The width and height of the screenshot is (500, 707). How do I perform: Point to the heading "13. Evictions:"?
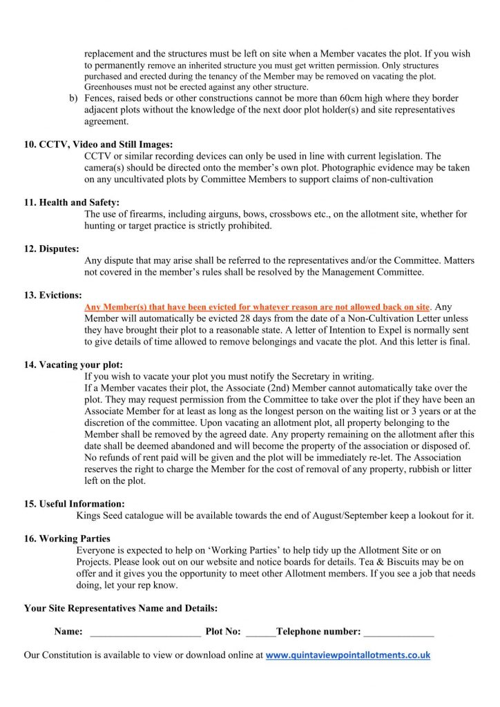coord(53,295)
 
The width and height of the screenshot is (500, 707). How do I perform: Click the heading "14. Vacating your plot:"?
coord(78,365)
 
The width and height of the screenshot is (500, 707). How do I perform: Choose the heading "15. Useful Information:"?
coord(75,504)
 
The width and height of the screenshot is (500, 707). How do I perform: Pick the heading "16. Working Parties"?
coord(67,539)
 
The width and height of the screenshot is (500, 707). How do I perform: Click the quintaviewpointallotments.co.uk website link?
coord(347,655)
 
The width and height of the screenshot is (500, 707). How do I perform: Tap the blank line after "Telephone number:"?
coord(398,632)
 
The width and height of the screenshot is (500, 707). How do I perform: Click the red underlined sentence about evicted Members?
coord(258,307)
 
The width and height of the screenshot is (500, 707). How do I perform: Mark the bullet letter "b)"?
coord(73,98)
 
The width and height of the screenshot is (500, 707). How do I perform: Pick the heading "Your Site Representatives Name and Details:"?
coord(121,608)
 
